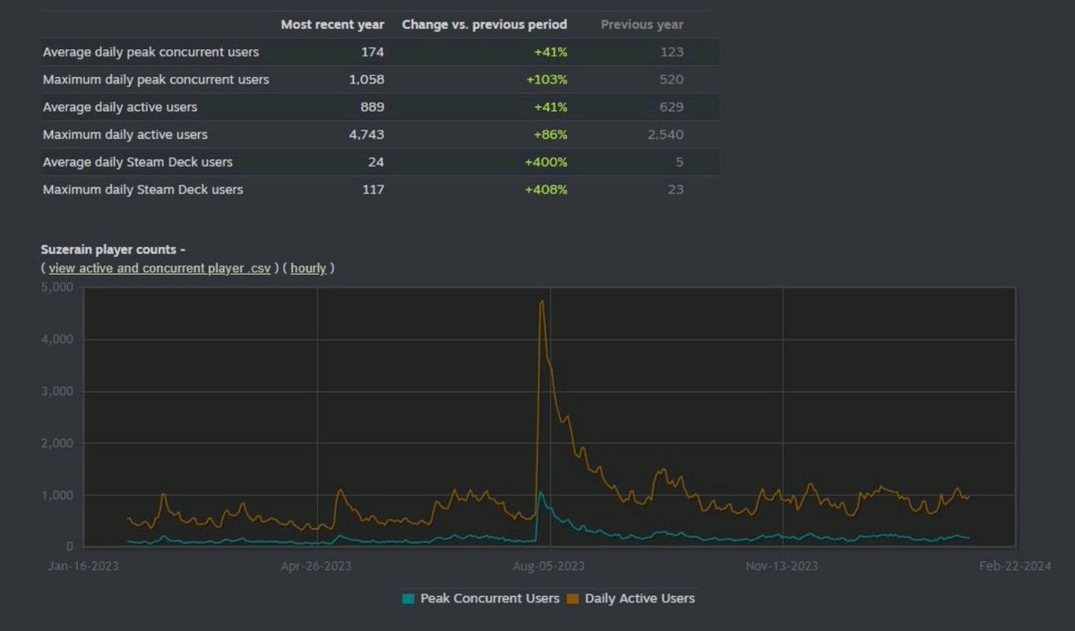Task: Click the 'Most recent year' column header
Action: click(x=332, y=24)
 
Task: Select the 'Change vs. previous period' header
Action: click(x=484, y=24)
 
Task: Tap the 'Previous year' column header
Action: click(x=641, y=24)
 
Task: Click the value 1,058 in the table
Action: click(x=365, y=80)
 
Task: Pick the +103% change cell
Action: click(x=546, y=80)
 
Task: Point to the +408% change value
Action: click(x=546, y=190)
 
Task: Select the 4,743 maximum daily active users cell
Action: click(x=365, y=135)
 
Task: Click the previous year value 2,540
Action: click(x=665, y=135)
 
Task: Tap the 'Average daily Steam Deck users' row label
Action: click(x=137, y=162)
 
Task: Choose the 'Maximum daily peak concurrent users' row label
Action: click(x=156, y=80)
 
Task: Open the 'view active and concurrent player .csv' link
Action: click(x=159, y=268)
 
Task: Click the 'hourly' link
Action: click(x=308, y=268)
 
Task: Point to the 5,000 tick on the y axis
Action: click(x=57, y=288)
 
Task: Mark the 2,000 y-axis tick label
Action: click(x=57, y=444)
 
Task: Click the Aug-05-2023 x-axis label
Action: click(x=548, y=566)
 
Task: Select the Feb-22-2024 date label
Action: click(x=1015, y=566)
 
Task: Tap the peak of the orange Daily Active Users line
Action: click(x=542, y=302)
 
